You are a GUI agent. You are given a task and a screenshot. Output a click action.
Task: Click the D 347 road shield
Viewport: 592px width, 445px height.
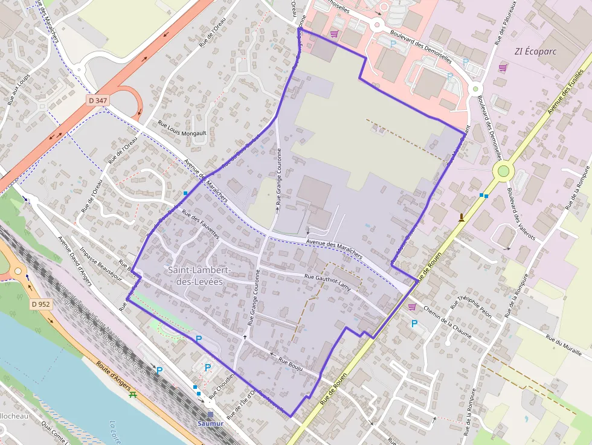coord(97,100)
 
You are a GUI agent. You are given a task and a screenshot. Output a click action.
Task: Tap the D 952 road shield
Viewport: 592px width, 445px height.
coord(40,304)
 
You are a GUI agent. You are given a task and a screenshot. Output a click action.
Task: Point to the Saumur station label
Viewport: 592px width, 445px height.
coord(210,423)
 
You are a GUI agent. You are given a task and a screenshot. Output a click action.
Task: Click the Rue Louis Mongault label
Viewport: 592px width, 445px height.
coord(182,128)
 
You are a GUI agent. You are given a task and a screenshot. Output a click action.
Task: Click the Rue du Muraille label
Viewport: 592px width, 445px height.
coord(564,345)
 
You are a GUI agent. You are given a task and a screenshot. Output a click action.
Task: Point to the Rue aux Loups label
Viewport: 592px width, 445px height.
coord(19,89)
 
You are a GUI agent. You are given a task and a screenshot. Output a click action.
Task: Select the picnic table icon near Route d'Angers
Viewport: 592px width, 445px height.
coord(132,395)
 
